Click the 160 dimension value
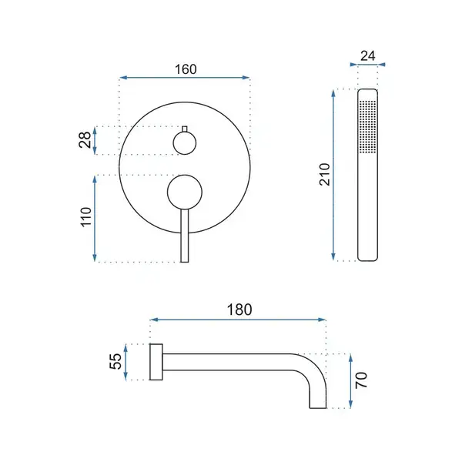click(x=186, y=69)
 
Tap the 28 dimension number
click(x=85, y=139)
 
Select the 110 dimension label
click(x=86, y=217)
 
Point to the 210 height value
click(x=324, y=174)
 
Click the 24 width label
click(x=368, y=55)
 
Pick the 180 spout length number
click(x=239, y=310)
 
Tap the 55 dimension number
click(x=115, y=361)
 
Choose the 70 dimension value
click(x=361, y=380)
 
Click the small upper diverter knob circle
click(x=185, y=143)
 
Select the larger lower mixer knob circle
click(x=185, y=192)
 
